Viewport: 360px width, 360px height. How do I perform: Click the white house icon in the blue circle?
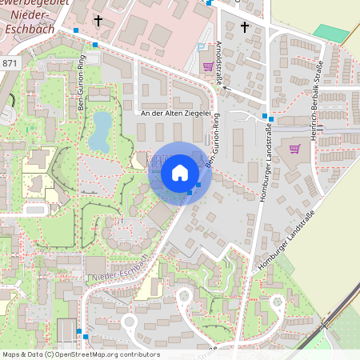(x=180, y=173)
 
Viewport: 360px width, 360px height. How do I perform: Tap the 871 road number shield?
(x=10, y=63)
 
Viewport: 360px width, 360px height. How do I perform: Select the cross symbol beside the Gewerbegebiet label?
(x=98, y=22)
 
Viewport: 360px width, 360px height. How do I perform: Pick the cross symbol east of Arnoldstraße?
(x=245, y=27)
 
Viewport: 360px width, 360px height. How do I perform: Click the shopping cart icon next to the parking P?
(x=209, y=66)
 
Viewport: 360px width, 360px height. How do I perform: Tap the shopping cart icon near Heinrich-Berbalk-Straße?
(x=295, y=148)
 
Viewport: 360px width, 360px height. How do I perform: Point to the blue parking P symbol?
(x=200, y=47)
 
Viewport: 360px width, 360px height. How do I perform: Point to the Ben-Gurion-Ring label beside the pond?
(x=81, y=85)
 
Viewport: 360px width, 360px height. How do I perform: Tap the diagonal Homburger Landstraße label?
(x=286, y=244)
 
